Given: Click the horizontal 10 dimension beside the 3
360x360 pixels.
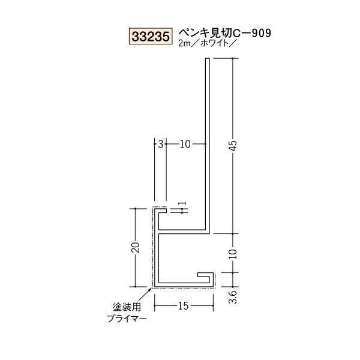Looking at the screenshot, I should pos(185,144).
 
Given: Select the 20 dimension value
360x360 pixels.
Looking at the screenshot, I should pos(138,247).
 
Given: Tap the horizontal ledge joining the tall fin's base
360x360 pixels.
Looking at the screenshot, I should pos(183,230).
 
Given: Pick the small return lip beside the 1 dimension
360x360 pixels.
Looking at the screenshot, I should pos(164,211).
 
